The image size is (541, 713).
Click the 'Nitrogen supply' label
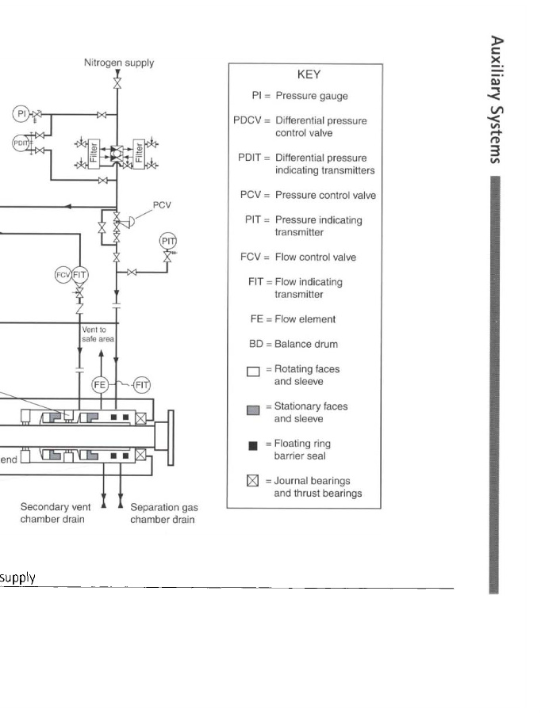point(119,63)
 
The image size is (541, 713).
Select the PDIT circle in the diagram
point(21,142)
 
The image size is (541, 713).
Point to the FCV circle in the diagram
point(63,274)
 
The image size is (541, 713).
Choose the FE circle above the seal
point(100,384)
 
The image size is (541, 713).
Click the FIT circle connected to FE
point(141,384)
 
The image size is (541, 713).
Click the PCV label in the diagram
point(163,204)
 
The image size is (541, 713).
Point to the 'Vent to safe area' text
point(98,334)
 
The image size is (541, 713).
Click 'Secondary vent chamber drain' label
point(53,513)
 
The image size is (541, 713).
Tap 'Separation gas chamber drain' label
point(164,513)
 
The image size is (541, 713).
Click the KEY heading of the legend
point(308,74)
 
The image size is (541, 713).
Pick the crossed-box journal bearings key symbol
point(252,481)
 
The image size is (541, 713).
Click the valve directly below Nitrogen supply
point(117,83)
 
